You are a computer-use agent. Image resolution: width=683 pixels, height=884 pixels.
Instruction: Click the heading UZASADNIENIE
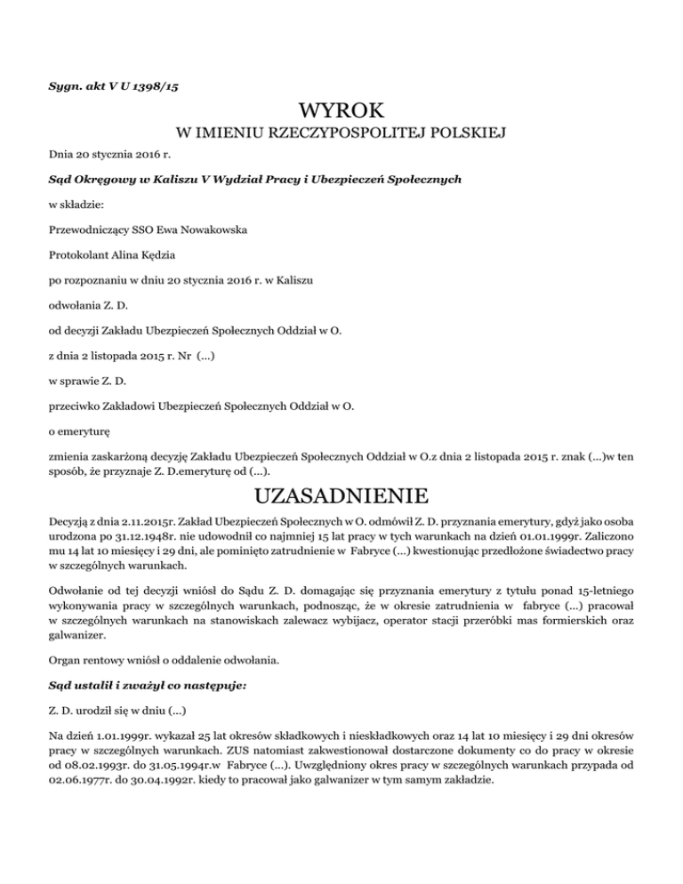(341, 494)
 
